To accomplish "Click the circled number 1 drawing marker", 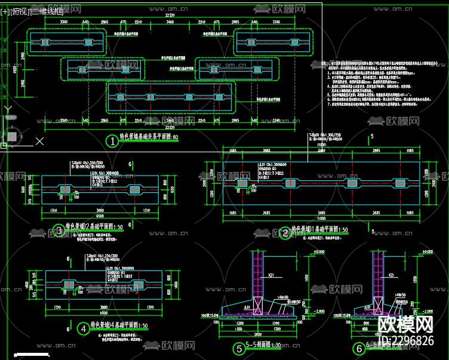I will (111, 141).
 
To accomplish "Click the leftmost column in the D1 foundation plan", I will (242, 183).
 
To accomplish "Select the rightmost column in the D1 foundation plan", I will (397, 182).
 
